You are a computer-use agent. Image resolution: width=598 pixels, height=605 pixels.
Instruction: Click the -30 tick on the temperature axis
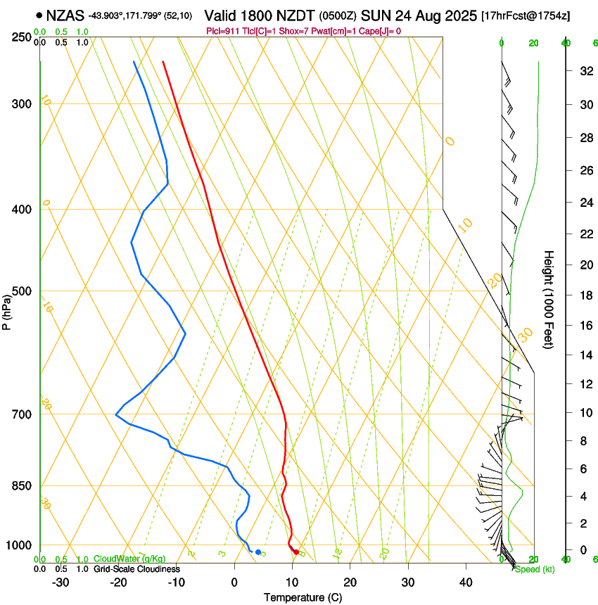(61, 582)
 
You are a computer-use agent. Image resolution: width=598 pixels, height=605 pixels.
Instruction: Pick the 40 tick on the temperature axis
(465, 582)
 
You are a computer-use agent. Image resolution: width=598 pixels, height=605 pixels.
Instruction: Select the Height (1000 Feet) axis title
(549, 300)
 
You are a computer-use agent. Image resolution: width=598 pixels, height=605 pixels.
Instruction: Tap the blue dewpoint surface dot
(258, 552)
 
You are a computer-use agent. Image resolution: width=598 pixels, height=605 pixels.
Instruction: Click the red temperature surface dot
(296, 552)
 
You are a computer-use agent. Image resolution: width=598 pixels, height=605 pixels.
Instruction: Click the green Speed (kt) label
(534, 569)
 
